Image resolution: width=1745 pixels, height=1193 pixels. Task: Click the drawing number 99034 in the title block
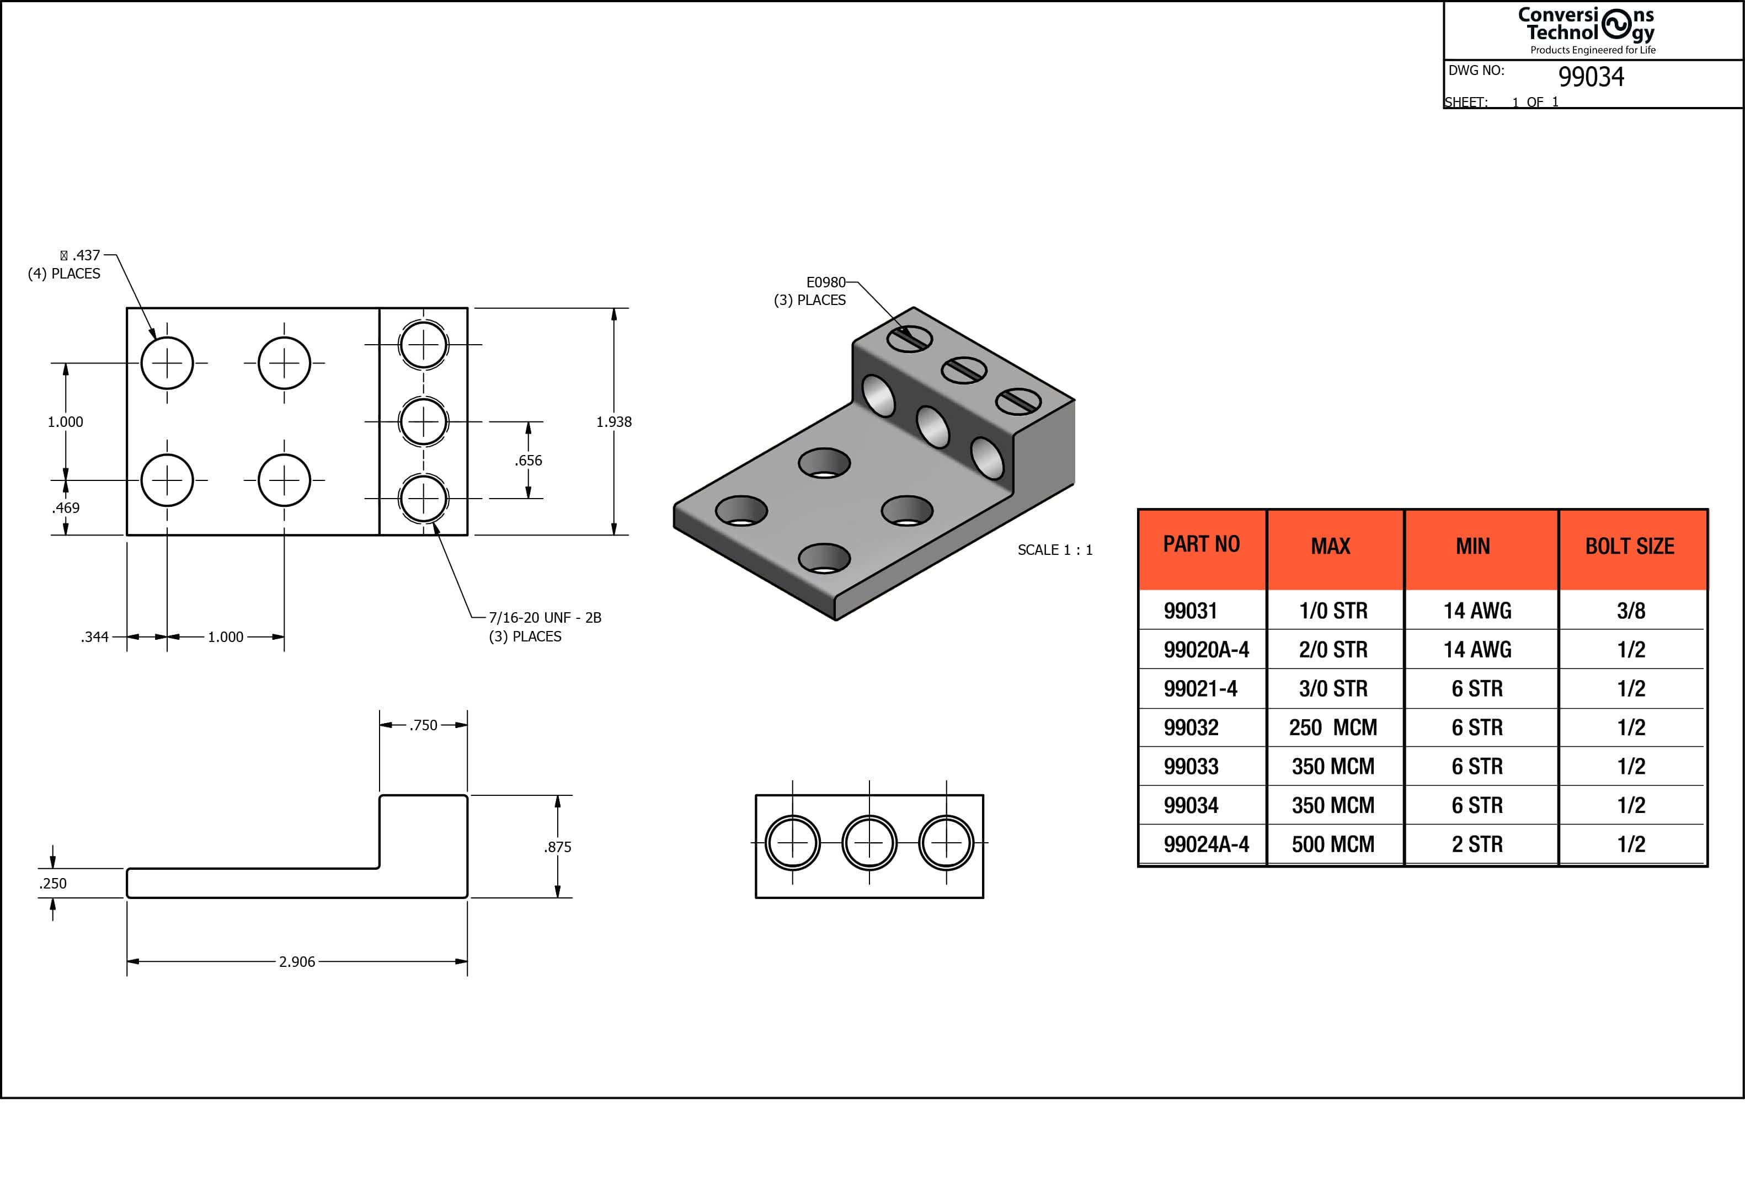click(1591, 77)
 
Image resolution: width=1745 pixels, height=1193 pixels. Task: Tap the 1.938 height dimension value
click(613, 422)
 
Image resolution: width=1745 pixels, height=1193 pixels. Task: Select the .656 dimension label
click(528, 460)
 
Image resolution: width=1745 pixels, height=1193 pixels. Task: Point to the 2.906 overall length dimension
click(297, 962)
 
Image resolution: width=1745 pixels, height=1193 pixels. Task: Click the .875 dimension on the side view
click(557, 847)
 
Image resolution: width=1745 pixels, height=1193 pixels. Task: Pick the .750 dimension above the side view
click(424, 725)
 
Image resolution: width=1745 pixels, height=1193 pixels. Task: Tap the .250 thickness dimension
click(54, 884)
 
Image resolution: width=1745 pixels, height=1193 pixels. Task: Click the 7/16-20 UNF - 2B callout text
click(545, 618)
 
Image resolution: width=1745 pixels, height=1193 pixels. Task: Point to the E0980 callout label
click(825, 282)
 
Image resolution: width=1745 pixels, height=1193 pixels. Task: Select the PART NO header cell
click(1202, 544)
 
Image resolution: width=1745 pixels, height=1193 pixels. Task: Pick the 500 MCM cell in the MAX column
click(1333, 844)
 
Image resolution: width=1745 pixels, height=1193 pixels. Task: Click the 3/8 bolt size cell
click(1631, 611)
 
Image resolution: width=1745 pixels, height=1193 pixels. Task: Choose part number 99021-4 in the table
click(1200, 688)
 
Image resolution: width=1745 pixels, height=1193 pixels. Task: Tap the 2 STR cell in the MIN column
click(1477, 844)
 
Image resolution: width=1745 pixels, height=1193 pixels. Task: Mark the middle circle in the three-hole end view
click(869, 843)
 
